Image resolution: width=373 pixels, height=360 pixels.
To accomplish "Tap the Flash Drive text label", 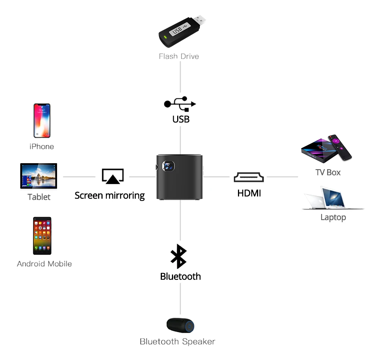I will click(179, 56).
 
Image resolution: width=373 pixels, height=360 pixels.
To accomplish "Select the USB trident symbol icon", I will click(180, 104).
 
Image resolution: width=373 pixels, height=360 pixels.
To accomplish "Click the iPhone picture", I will click(42, 121).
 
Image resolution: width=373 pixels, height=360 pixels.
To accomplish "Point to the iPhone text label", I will click(42, 147).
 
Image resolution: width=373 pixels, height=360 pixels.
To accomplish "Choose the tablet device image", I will click(39, 176).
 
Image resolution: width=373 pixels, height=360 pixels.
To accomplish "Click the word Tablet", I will click(39, 197).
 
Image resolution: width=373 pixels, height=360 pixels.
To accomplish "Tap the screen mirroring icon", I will click(113, 176).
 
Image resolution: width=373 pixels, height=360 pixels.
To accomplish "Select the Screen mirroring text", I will click(110, 195).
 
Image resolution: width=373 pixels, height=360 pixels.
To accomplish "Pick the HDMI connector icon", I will click(249, 177).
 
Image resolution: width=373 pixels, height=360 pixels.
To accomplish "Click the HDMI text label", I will click(249, 193).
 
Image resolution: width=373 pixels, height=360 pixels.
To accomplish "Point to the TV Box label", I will click(328, 172).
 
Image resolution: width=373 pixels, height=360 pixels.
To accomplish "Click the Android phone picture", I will click(42, 236).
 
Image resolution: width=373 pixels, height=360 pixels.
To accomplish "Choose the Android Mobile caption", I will click(44, 264).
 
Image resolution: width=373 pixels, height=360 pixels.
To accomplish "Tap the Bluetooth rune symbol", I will click(179, 257).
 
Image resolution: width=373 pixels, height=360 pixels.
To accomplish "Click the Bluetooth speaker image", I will click(181, 325).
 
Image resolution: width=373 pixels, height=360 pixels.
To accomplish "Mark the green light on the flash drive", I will click(163, 37).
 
